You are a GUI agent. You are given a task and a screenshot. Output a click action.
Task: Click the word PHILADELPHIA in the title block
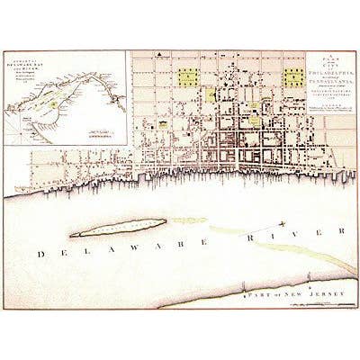tap(322, 76)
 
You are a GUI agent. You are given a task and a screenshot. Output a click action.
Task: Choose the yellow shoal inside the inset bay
tap(53, 107)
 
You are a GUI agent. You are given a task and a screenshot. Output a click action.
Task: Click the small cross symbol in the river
tap(282, 221)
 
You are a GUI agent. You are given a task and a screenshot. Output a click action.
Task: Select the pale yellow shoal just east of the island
tap(189, 220)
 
